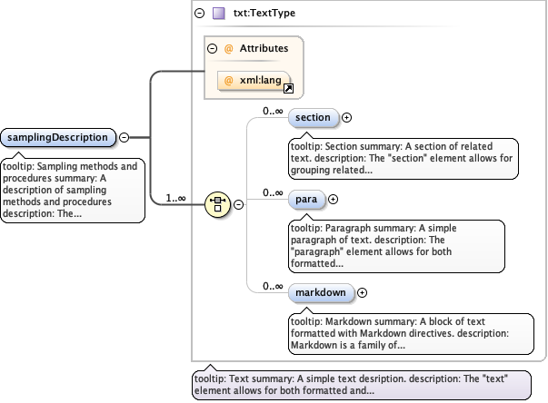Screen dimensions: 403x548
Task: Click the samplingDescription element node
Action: (59, 138)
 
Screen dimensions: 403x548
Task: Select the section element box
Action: (313, 117)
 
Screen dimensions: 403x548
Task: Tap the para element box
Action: (305, 199)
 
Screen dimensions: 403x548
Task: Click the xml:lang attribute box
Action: (254, 81)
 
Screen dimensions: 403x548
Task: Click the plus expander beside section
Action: (346, 117)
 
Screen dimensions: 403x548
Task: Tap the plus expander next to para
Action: (333, 199)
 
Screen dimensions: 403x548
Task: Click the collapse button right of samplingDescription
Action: (124, 138)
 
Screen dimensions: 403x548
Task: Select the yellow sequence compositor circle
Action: (218, 204)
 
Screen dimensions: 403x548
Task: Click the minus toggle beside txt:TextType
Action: (199, 14)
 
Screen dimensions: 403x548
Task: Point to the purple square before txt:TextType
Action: (218, 14)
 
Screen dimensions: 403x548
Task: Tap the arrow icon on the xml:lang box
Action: (288, 89)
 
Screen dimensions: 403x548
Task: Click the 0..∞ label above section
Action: (274, 111)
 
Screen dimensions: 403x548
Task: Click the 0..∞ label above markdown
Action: (274, 286)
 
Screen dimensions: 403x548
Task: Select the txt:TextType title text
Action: (264, 14)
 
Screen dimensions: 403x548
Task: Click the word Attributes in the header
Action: (264, 48)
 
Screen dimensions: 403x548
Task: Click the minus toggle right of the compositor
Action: (238, 204)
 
